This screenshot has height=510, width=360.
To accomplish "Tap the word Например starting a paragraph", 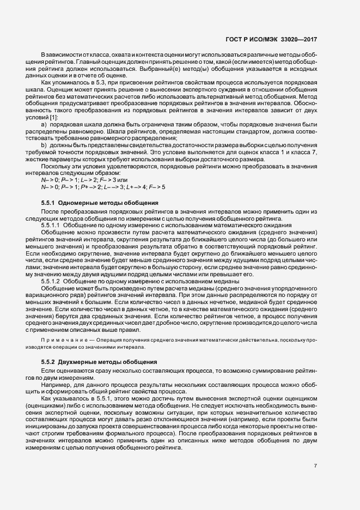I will [54, 384].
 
